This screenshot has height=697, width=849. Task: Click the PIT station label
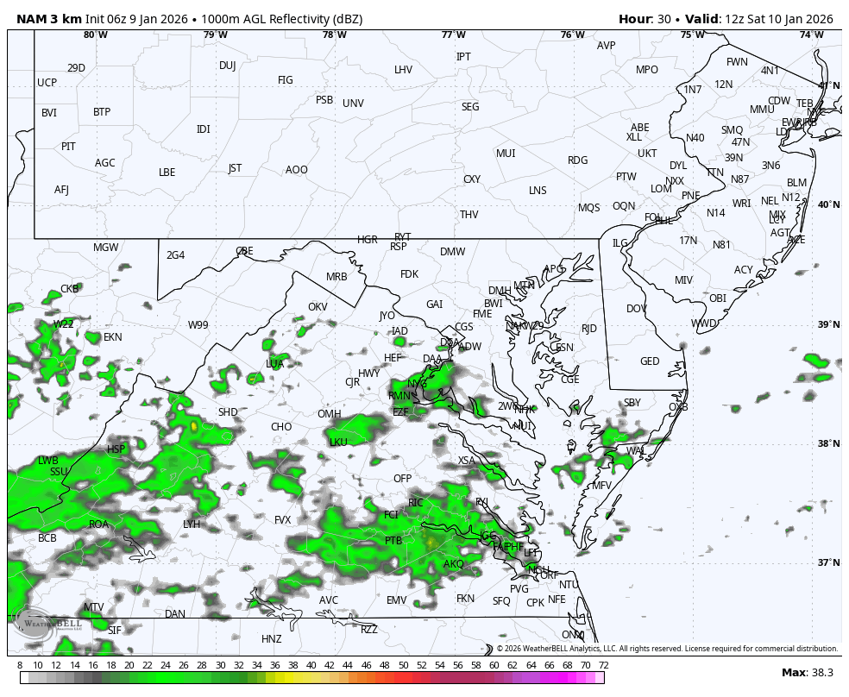click(x=68, y=147)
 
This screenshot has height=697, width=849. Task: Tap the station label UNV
click(x=353, y=104)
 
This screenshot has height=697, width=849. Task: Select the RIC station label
click(x=416, y=502)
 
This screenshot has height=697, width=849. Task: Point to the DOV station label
click(x=636, y=309)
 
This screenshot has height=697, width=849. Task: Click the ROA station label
click(x=99, y=524)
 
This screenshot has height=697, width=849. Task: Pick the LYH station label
click(x=192, y=524)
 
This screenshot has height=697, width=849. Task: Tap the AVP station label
click(x=607, y=46)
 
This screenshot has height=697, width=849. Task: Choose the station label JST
click(x=235, y=168)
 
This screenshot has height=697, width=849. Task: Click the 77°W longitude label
click(x=454, y=35)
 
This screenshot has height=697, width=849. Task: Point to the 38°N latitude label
click(x=828, y=443)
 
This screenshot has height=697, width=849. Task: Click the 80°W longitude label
click(x=96, y=35)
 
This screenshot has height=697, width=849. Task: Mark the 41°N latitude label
click(x=828, y=85)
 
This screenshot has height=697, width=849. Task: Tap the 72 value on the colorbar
click(x=603, y=665)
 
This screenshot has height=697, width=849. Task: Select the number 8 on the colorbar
click(x=20, y=665)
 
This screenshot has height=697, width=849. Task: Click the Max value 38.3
click(x=822, y=673)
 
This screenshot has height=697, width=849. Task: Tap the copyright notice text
click(x=667, y=649)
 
